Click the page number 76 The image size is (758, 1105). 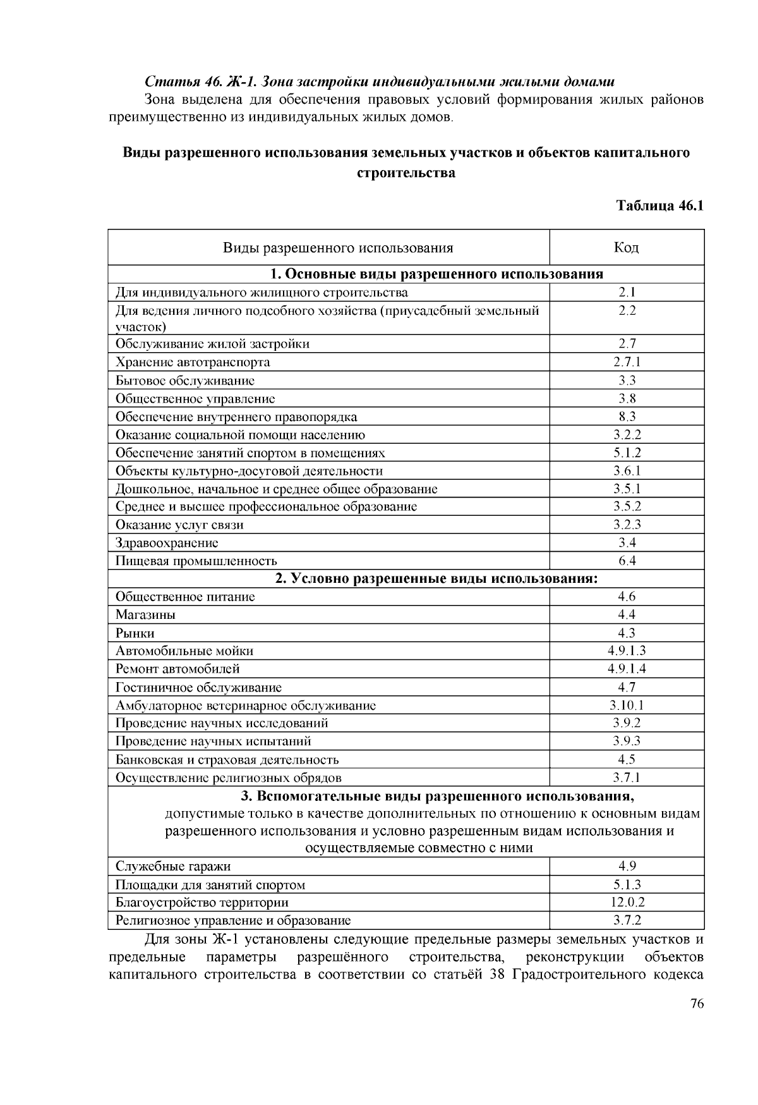(x=697, y=1004)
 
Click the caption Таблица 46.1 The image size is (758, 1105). (x=659, y=206)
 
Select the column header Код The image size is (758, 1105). (x=626, y=247)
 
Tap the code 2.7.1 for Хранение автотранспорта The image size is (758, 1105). (x=626, y=362)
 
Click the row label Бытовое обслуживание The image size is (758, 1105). (x=185, y=381)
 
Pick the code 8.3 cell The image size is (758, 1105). (x=626, y=417)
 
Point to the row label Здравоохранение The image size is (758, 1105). (x=167, y=543)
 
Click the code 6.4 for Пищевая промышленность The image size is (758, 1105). (x=626, y=561)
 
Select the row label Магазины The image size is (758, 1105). (x=145, y=615)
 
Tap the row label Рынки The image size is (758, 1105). (x=135, y=633)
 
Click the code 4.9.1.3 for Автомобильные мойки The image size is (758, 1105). (x=626, y=651)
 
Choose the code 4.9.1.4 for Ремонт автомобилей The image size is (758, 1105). (x=626, y=669)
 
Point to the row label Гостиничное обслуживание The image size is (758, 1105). (x=198, y=687)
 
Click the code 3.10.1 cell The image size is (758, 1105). (x=626, y=705)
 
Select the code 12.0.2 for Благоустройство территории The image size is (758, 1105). (x=626, y=903)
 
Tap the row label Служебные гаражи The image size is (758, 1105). (x=173, y=867)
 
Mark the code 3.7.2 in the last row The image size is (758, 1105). (x=626, y=920)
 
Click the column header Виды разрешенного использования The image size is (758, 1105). (x=338, y=247)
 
